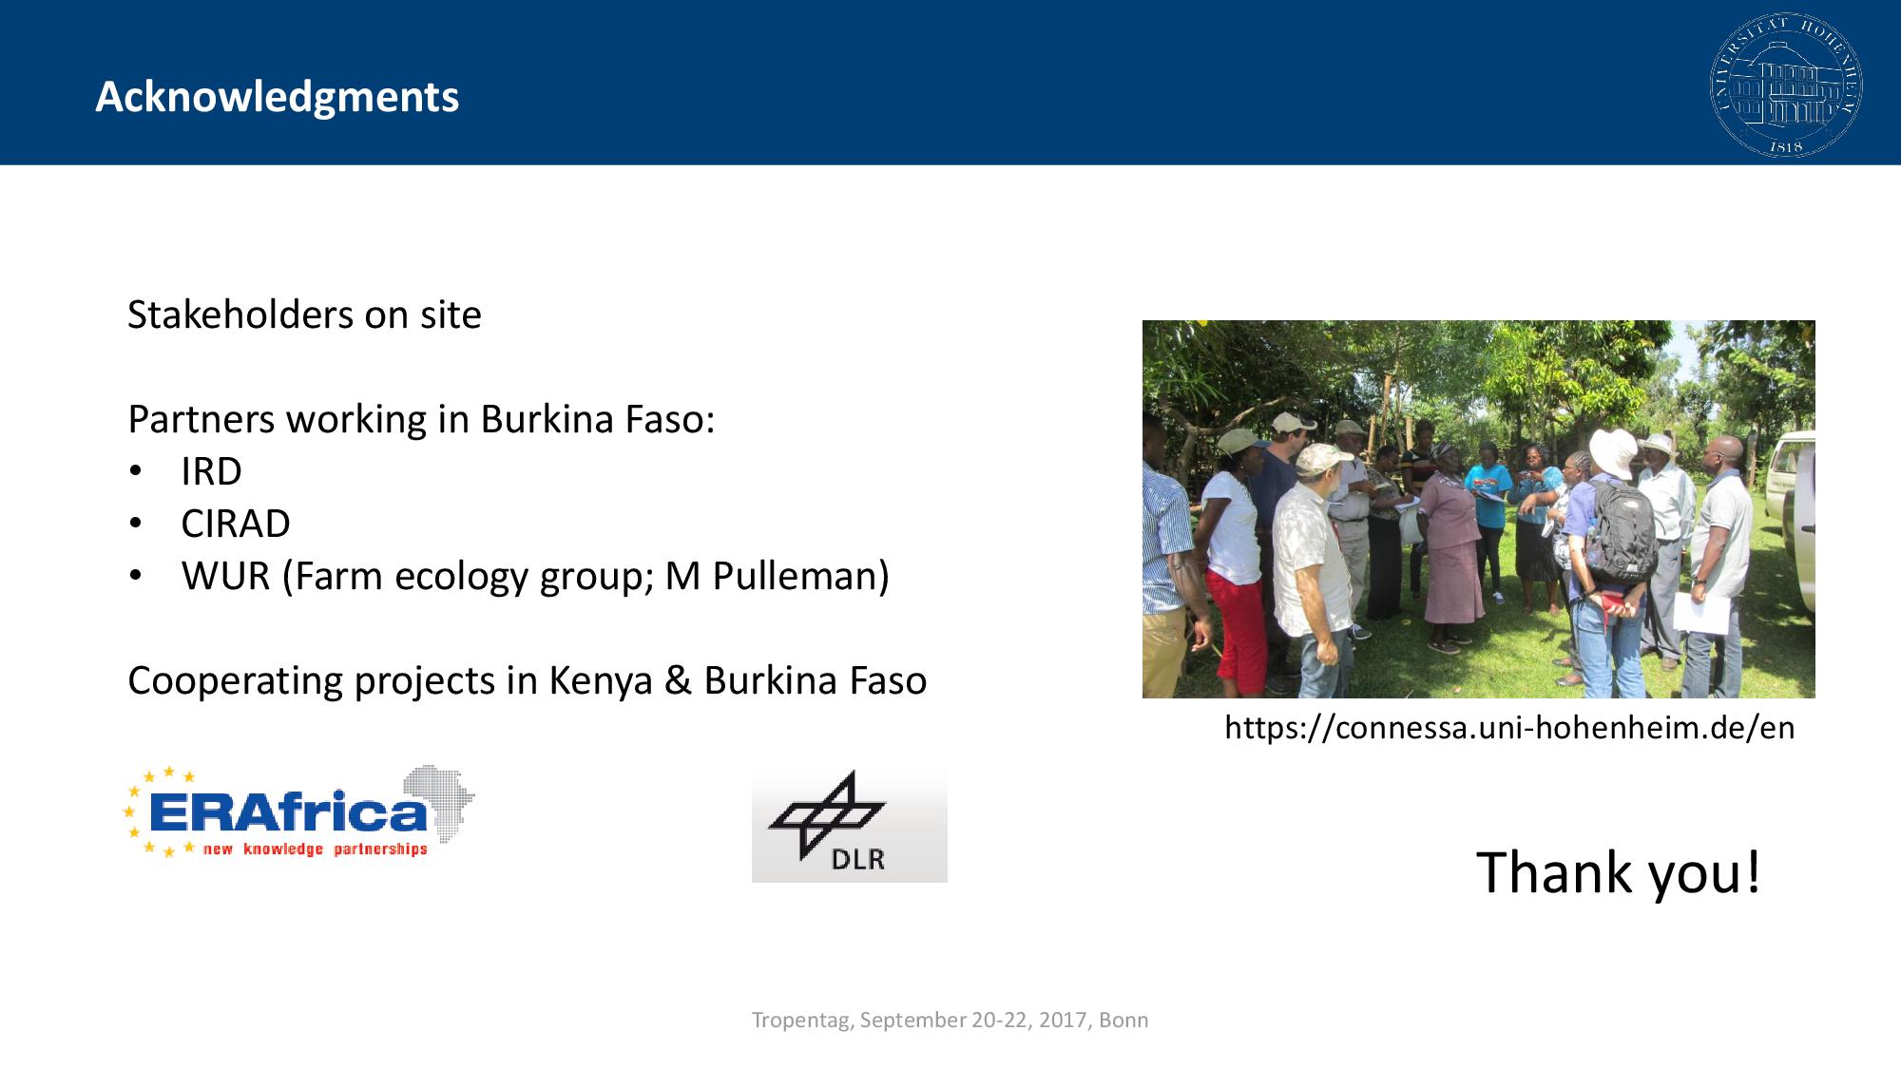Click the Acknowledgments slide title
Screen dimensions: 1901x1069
point(278,98)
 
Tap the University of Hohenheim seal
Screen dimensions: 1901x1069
point(1786,85)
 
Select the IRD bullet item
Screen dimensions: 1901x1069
point(211,471)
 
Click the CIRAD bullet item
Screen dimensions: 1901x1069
point(236,524)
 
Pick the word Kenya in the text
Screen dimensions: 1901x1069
point(601,681)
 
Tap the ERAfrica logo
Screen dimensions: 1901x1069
point(298,811)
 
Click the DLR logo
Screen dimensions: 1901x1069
point(849,825)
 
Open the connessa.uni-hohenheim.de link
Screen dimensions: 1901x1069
point(1509,728)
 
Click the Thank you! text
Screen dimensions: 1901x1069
point(1618,872)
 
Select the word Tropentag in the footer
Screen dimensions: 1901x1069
point(802,1021)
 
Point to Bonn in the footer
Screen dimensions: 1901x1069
point(1123,1020)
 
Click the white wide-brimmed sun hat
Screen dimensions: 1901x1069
point(1613,452)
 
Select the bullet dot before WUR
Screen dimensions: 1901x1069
point(136,576)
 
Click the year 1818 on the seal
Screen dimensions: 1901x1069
point(1786,147)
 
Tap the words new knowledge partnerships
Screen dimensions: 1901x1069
point(315,849)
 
